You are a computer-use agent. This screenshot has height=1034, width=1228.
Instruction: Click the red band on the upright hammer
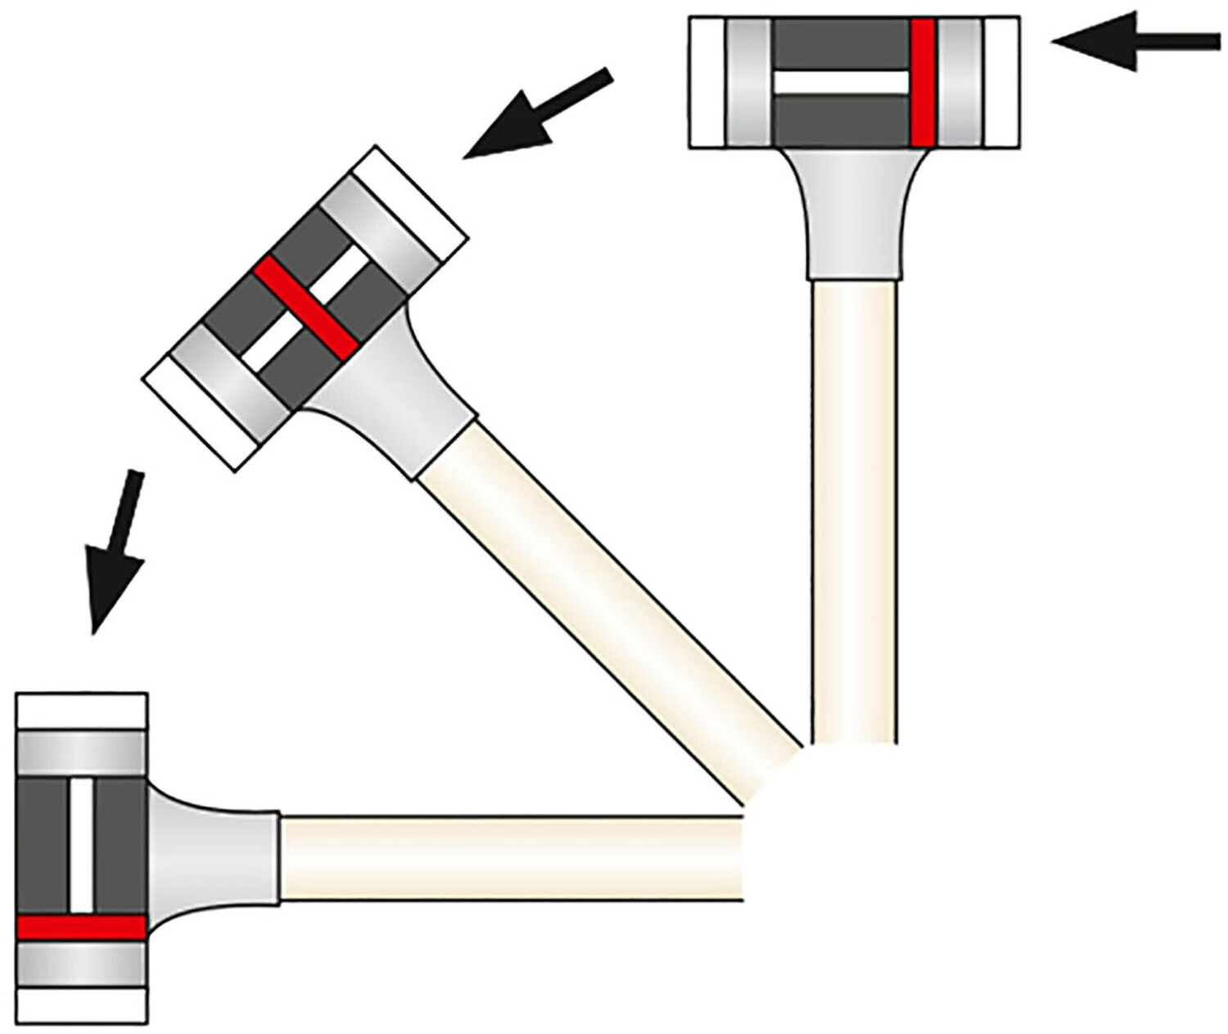pos(922,82)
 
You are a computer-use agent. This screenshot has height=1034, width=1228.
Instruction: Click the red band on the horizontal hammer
pos(81,927)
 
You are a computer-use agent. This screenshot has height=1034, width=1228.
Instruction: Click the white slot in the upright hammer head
pos(842,83)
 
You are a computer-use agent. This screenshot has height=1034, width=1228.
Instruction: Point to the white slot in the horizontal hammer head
pos(82,844)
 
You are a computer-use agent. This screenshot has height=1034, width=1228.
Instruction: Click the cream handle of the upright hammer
pos(854,508)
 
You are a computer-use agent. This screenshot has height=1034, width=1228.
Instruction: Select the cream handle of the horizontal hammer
pos(508,857)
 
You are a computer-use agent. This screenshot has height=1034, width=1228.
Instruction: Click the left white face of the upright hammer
pos(707,83)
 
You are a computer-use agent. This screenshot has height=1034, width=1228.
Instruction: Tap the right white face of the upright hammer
pos(1001,83)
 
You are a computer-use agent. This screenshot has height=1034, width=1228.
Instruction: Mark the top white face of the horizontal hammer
pos(82,711)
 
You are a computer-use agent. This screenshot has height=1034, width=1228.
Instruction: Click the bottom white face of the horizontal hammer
pos(82,1005)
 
